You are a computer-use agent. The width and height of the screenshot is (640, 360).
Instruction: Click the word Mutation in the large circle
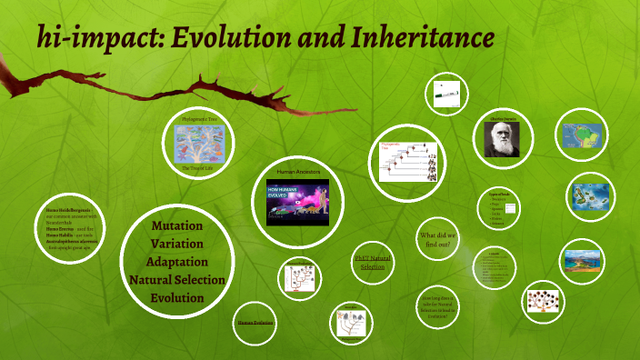click(x=176, y=225)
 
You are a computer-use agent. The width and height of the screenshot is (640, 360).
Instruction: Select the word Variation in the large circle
click(x=176, y=243)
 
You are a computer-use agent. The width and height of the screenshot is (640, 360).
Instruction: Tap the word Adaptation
click(x=176, y=262)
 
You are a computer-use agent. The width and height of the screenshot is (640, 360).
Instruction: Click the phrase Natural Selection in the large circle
click(x=176, y=280)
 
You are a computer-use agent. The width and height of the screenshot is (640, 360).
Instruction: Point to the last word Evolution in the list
click(x=176, y=298)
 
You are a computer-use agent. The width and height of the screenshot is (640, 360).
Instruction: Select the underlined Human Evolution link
click(x=255, y=323)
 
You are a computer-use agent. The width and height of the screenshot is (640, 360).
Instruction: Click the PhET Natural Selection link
click(x=372, y=263)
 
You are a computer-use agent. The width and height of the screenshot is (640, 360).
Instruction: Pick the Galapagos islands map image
click(x=590, y=196)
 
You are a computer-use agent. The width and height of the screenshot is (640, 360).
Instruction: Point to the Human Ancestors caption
click(x=298, y=171)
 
